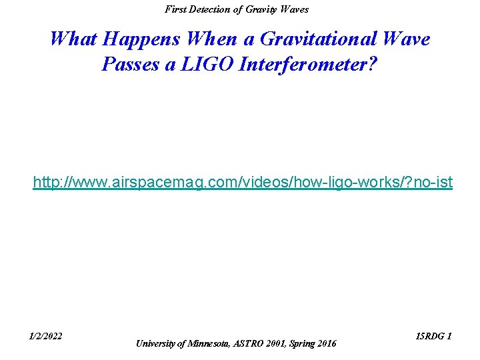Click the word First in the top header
[x=175, y=9]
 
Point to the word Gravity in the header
[x=263, y=9]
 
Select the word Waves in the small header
[x=295, y=9]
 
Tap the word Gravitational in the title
[x=313, y=39]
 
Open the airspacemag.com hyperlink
[x=243, y=181]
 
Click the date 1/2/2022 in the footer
[x=46, y=336]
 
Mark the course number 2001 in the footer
[x=279, y=343]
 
